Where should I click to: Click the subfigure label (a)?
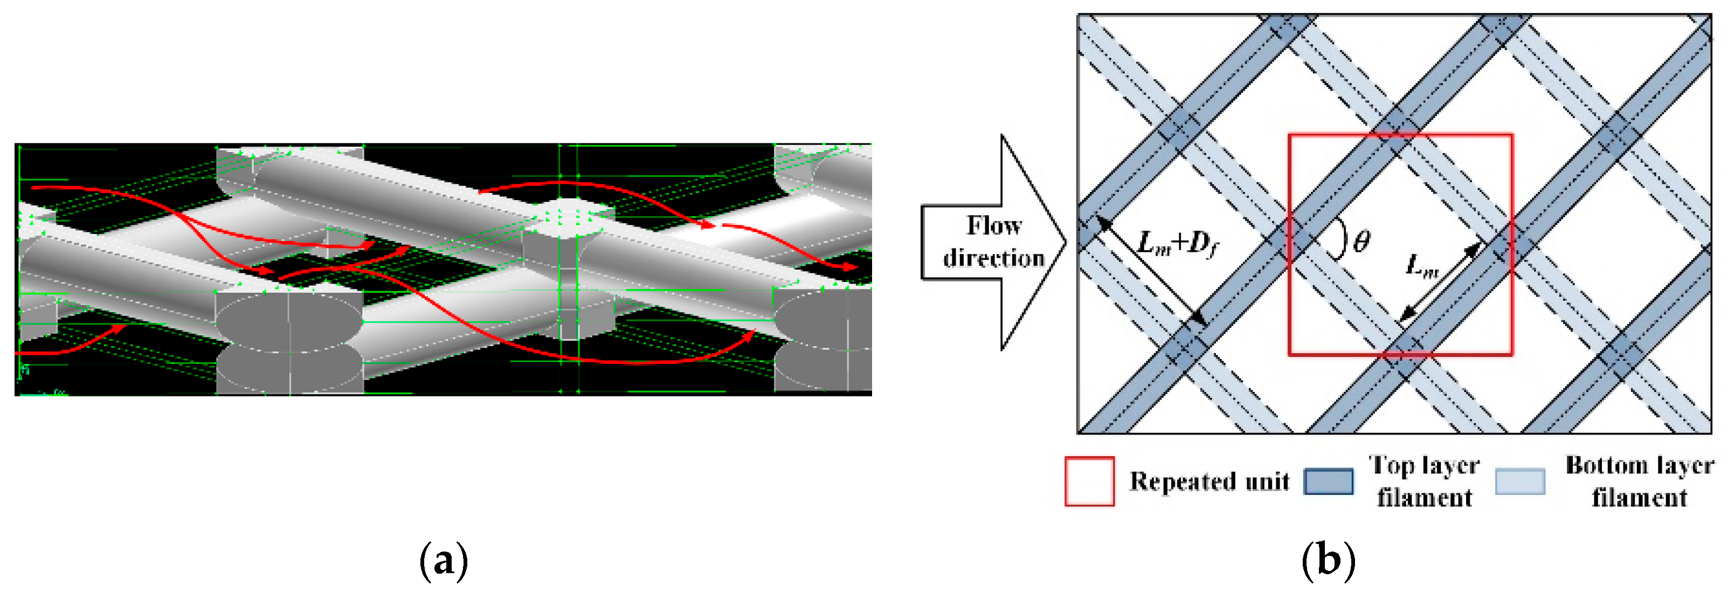click(444, 560)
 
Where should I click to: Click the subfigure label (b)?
click(1328, 560)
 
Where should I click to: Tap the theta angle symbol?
click(1361, 241)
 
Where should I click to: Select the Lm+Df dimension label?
click(1178, 243)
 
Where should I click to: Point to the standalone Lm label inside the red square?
click(1421, 266)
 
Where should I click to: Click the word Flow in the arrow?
click(993, 225)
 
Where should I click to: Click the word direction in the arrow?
click(993, 258)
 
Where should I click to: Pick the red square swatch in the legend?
click(1089, 481)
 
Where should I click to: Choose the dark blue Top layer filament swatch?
click(1328, 481)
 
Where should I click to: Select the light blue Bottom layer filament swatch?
click(1520, 481)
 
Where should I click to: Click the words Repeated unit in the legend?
click(1209, 481)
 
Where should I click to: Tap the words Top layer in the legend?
click(1424, 465)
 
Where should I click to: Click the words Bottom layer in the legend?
click(1640, 465)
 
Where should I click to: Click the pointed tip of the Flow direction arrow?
click(1065, 242)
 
